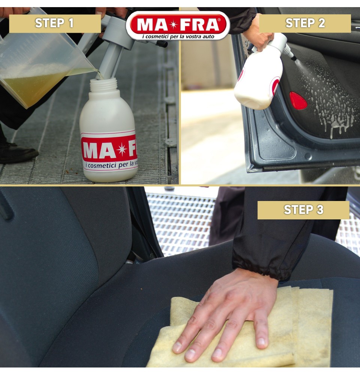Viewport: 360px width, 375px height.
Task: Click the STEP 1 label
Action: pyautogui.click(x=55, y=23)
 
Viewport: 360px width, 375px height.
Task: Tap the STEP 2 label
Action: pyautogui.click(x=305, y=23)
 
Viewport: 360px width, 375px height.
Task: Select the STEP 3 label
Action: pyautogui.click(x=303, y=210)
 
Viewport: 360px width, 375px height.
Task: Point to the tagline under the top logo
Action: pyautogui.click(x=178, y=36)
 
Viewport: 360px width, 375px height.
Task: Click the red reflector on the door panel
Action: pyautogui.click(x=298, y=101)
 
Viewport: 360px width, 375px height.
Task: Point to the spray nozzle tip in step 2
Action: pyautogui.click(x=294, y=58)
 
